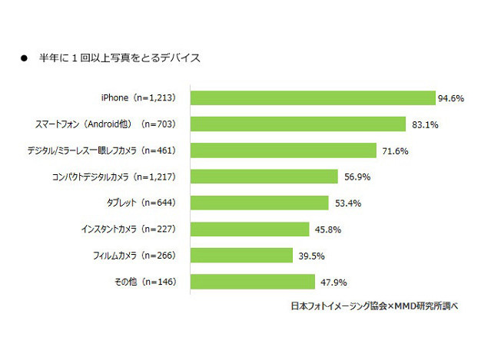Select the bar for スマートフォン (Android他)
point(297,124)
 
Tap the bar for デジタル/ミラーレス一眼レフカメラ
point(283,150)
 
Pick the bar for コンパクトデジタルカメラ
point(264,177)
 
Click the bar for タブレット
point(259,203)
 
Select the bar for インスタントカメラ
point(249,229)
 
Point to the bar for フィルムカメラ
point(241,255)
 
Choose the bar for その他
point(252,281)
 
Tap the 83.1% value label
point(420,124)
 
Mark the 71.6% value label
point(392,150)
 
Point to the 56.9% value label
point(353,177)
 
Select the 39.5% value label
point(308,255)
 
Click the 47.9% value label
point(330,281)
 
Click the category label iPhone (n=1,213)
point(141,98)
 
